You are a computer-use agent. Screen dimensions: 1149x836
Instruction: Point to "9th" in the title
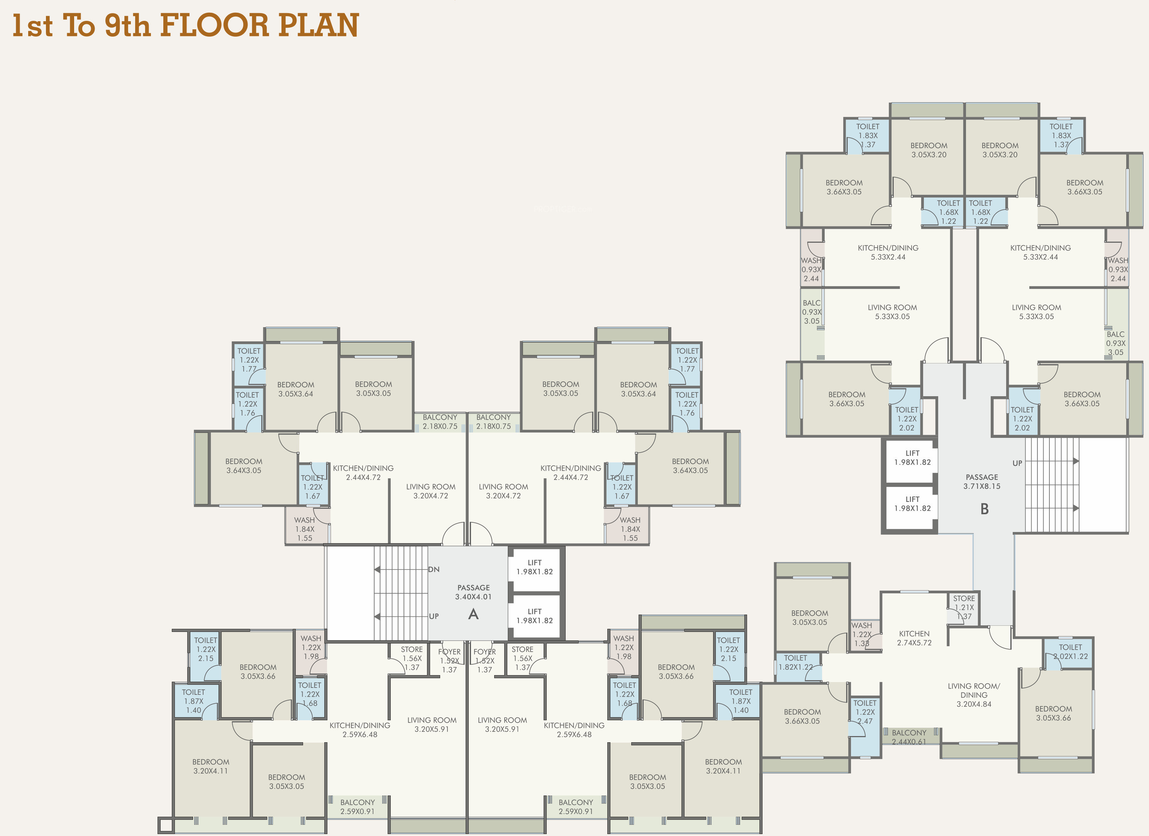pos(128,25)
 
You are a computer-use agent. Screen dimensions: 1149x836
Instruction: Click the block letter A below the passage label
pos(473,614)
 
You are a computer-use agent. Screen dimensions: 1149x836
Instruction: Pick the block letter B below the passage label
pos(985,509)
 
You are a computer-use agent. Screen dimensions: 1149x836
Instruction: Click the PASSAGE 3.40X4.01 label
pos(473,592)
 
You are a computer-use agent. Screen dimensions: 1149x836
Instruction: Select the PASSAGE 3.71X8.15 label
pos(982,481)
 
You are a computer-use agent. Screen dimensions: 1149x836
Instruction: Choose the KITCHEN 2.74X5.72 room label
pos(914,638)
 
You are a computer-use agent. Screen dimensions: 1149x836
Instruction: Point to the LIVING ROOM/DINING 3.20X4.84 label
pos(974,695)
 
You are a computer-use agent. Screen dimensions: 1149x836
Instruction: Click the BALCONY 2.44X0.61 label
pos(909,737)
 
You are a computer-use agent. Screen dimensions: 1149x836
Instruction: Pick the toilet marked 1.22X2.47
pos(865,726)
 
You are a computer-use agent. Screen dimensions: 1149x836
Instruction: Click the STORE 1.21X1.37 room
pos(964,608)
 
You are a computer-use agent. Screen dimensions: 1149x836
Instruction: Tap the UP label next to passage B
pos(1017,463)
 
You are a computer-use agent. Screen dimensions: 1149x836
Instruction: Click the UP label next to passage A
pos(434,616)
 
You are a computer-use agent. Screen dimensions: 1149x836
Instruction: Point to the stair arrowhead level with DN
pos(377,570)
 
